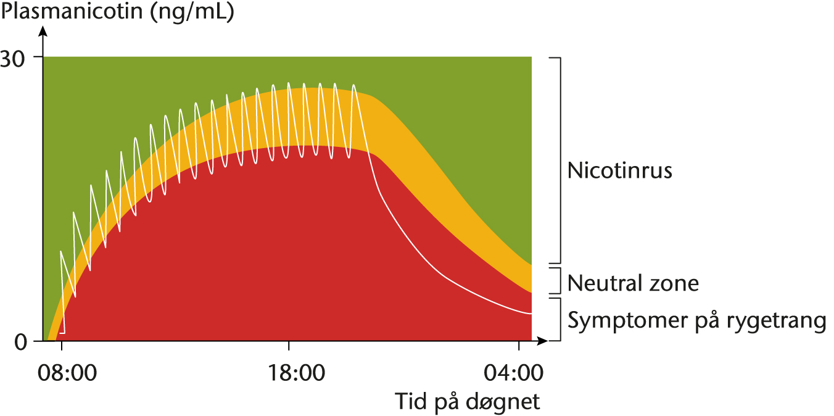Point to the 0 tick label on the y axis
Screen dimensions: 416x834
(20, 341)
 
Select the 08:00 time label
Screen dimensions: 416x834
(61, 374)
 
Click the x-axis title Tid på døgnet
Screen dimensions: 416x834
(468, 402)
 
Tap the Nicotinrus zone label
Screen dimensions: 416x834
(619, 170)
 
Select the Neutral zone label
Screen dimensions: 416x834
(633, 283)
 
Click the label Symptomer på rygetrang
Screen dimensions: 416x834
(696, 321)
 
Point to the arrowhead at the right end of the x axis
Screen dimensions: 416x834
(542, 340)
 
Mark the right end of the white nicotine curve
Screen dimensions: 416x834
(531, 314)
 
